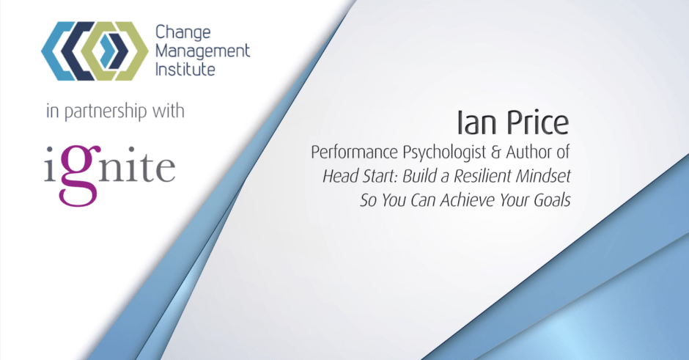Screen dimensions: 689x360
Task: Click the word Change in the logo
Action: pos(183,32)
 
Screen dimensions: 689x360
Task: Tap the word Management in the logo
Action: pos(202,51)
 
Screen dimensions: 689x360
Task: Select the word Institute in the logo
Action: pos(185,69)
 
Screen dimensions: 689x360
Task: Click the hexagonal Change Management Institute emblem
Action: pos(95,51)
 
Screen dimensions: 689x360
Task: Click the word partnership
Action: pos(106,112)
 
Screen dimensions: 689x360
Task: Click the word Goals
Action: pos(552,200)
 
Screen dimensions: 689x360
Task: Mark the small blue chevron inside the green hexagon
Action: pos(107,51)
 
